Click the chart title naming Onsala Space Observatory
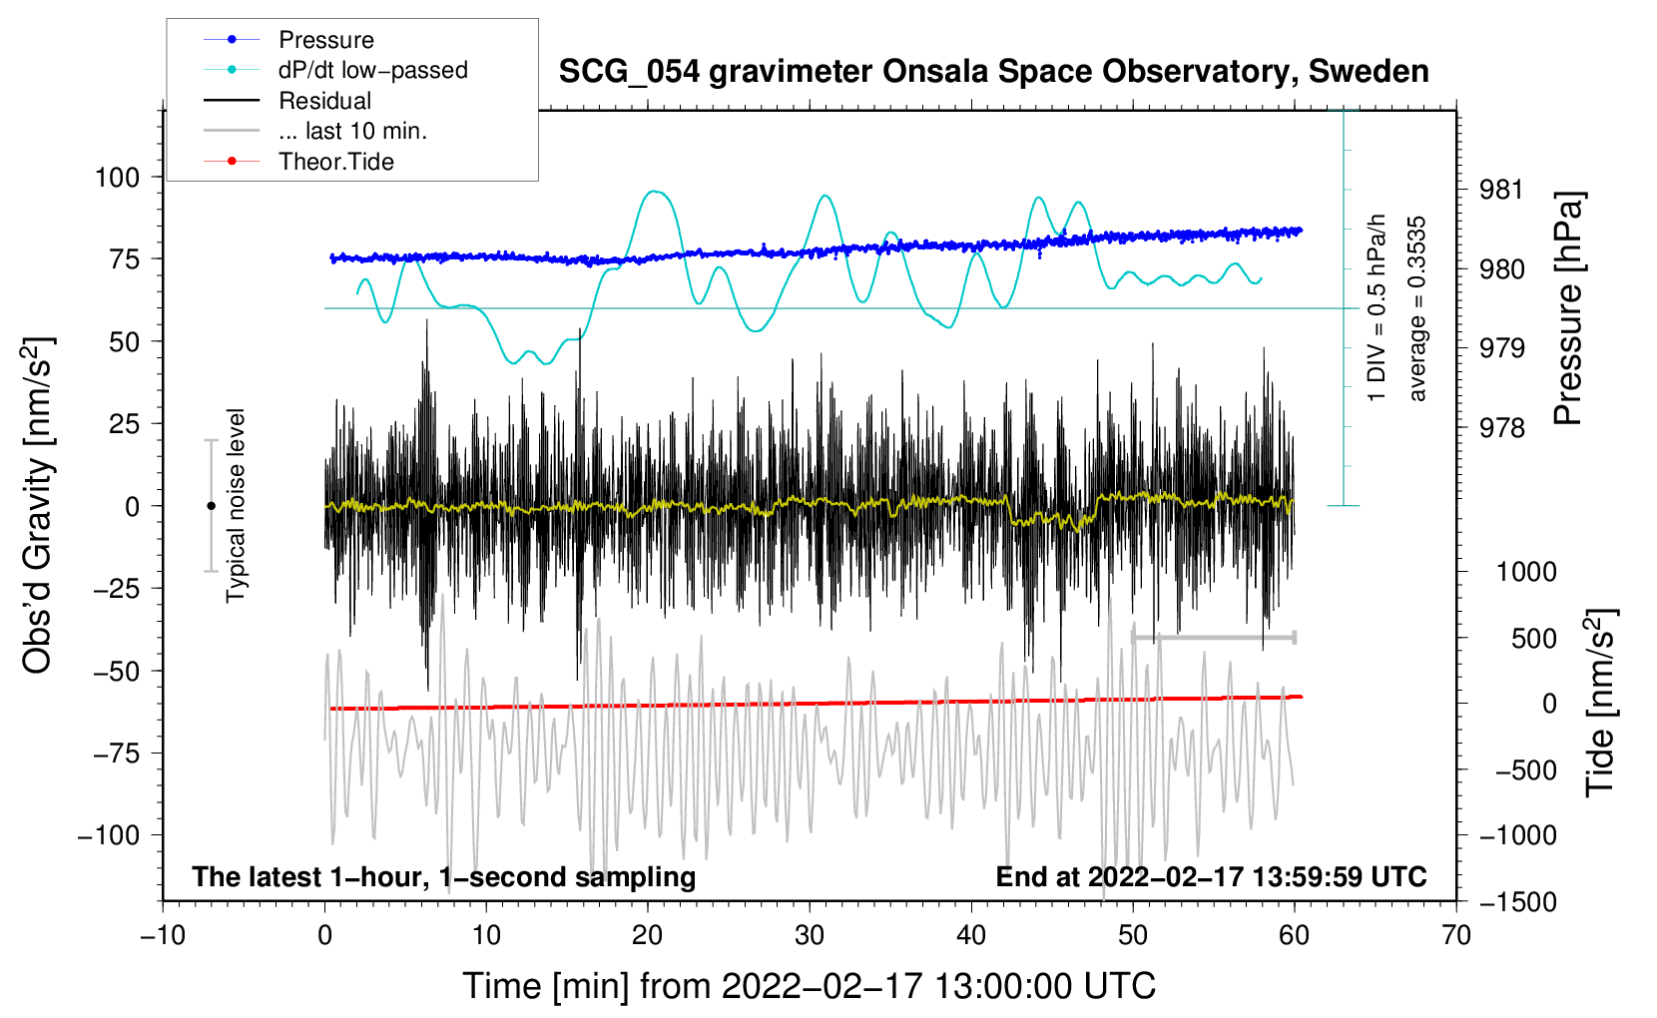tap(993, 72)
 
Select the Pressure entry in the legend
tap(325, 40)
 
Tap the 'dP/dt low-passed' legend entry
tap(372, 71)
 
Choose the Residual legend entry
tap(324, 101)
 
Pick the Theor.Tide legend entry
tap(335, 162)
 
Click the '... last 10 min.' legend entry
tap(352, 132)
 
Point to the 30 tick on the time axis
tap(810, 935)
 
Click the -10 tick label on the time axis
tap(163, 935)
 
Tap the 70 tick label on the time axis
tap(1456, 935)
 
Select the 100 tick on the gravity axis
tap(117, 178)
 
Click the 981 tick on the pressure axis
tap(1501, 190)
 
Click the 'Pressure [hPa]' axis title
tap(1570, 309)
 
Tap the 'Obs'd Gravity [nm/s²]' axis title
tap(38, 506)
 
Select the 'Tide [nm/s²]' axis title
tap(1601, 704)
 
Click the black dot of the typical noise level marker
tap(211, 506)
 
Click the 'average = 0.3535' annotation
tap(1417, 309)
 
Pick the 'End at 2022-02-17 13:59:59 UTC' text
tap(1211, 877)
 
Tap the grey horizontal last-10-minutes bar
tap(1214, 637)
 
